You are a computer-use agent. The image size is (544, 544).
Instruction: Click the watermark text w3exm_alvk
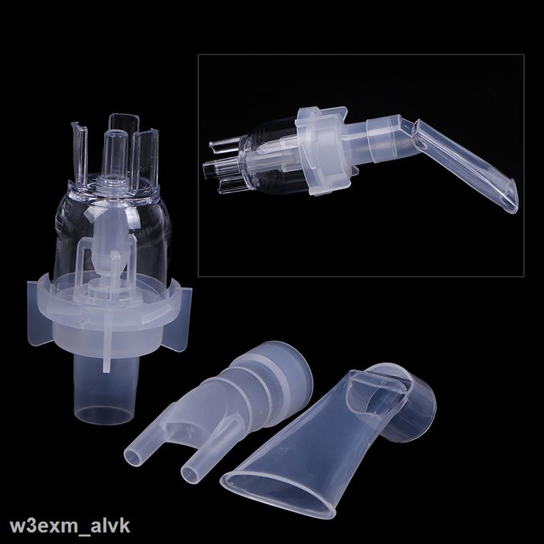tap(70, 526)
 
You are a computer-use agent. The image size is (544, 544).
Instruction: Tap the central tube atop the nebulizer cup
tap(115, 152)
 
